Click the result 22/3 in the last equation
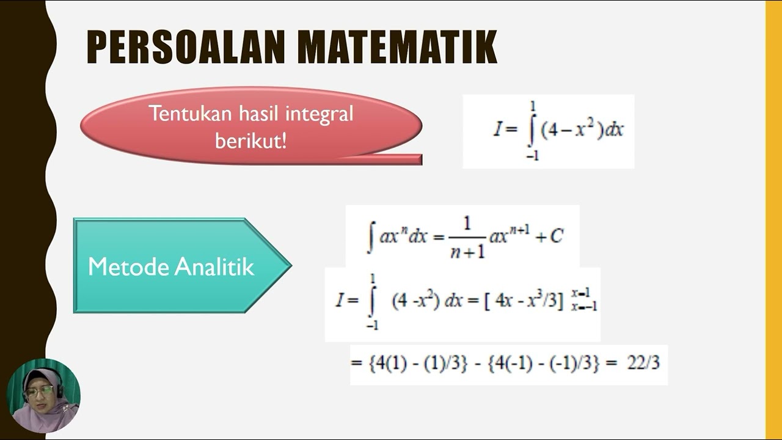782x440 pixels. pos(643,363)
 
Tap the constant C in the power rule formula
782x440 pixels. pos(556,237)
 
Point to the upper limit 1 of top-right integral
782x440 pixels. pos(533,107)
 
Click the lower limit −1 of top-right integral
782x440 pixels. pos(532,156)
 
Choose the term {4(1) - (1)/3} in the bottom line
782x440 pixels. pos(417,363)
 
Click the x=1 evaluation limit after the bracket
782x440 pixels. pos(583,293)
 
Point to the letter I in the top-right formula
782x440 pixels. pos(497,130)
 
